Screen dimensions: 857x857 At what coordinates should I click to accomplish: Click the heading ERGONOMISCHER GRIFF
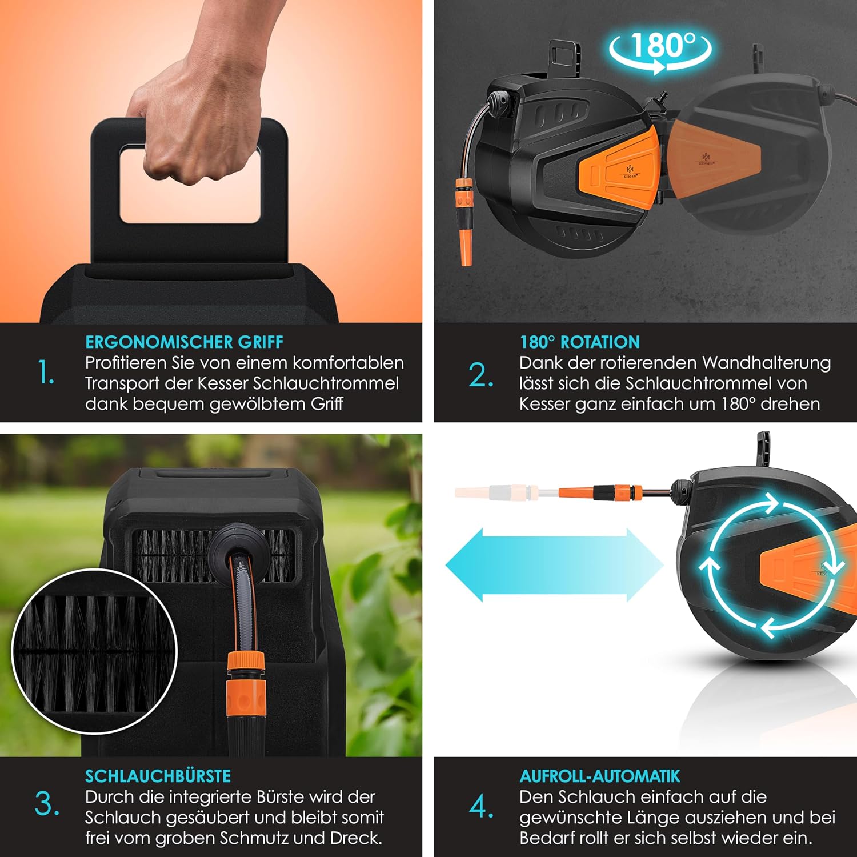click(184, 342)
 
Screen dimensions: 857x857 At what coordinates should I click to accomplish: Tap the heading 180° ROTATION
click(579, 342)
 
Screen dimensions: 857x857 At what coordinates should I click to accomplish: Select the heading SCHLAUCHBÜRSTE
click(158, 775)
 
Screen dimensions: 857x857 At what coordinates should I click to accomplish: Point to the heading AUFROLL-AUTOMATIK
click(600, 776)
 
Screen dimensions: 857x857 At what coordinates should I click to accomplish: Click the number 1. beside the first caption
click(46, 373)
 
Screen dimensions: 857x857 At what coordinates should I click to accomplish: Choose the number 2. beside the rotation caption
click(481, 375)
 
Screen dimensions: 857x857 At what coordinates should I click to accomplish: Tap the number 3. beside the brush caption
click(47, 804)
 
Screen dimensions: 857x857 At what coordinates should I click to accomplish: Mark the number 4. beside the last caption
click(482, 806)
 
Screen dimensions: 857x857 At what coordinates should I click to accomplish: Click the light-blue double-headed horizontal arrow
click(554, 565)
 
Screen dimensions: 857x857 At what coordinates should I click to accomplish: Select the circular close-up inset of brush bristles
click(94, 651)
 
